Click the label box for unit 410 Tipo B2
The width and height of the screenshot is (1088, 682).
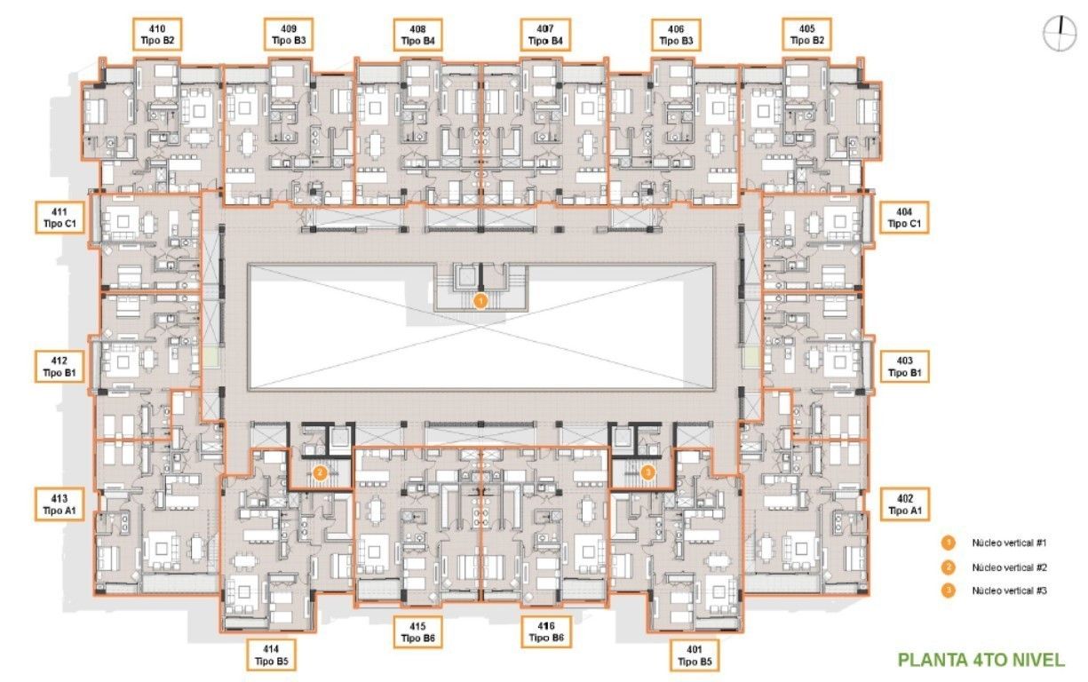coord(157,35)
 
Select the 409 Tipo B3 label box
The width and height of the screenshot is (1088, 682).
coord(289,35)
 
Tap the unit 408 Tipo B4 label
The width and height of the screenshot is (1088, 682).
coord(417,35)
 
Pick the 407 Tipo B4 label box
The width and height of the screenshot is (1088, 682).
coord(545,35)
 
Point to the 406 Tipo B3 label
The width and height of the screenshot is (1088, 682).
coord(676,35)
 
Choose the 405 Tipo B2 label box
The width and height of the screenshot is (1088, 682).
coord(806,35)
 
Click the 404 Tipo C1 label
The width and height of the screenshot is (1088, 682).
coord(904,218)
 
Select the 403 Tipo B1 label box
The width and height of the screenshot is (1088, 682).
coord(905,367)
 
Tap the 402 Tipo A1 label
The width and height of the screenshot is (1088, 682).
coord(905,504)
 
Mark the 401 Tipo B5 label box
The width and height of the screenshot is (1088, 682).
coord(695,655)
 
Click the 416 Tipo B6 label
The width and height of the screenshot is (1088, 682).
coord(546,632)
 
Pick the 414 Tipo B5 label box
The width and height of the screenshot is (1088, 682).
coord(271,655)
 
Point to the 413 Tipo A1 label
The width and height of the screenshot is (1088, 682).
coord(60,504)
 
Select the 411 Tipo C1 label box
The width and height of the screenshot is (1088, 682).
coord(60,218)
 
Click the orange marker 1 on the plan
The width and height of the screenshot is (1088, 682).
coord(480,302)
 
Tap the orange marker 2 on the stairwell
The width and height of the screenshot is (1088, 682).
coord(320,472)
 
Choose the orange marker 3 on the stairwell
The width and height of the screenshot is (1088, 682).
coord(647,472)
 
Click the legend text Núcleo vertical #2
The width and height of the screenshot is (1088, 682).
coord(1009,567)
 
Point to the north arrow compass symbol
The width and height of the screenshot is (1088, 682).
coord(1060,34)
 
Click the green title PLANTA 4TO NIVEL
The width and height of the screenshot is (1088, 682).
coord(981,660)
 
